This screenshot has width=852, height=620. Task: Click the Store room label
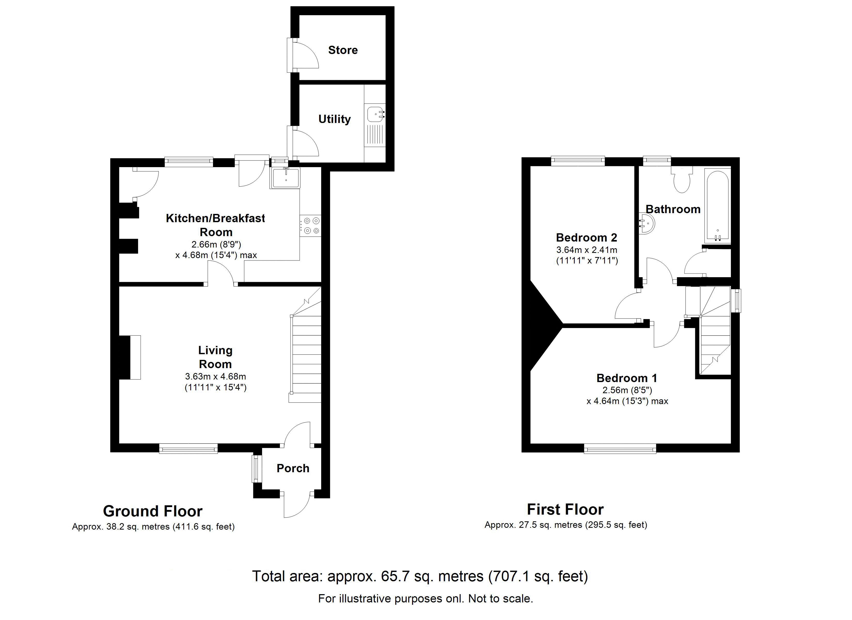[x=343, y=50]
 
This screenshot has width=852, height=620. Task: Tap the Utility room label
[x=334, y=119]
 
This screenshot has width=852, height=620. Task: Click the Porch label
[x=293, y=468]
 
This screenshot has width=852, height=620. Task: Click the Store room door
[x=304, y=55]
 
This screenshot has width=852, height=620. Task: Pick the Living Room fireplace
[x=130, y=357]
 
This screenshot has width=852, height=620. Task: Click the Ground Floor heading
[x=153, y=511]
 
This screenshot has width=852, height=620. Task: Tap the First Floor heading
[x=565, y=509]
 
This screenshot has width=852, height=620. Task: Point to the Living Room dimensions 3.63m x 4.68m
[x=216, y=376]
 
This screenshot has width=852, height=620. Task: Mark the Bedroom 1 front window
[x=620, y=448]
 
